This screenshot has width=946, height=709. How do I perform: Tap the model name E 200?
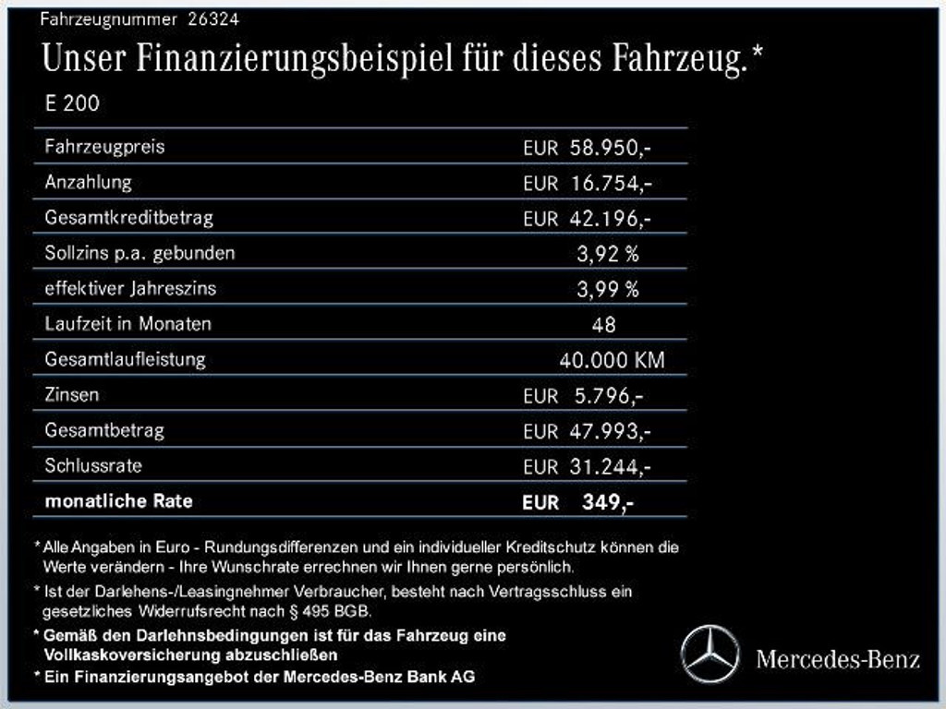pos(72,103)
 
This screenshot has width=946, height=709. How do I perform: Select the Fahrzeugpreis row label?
pos(104,147)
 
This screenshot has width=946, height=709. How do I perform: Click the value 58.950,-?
pos(611,148)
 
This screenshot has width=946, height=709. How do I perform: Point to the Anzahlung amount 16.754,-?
pos(611,183)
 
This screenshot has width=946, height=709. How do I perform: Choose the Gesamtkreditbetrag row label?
pos(128,218)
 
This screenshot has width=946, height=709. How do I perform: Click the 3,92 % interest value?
pos(608,254)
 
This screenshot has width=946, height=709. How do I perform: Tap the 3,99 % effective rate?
pos(608,289)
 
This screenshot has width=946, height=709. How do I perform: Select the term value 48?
pos(603,325)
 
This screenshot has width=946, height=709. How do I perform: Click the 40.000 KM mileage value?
pos(612,360)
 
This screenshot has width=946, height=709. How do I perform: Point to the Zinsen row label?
pos(72,395)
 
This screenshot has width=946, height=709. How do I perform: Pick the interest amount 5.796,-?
pos(608,396)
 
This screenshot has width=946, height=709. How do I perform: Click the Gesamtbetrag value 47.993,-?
pos(611,431)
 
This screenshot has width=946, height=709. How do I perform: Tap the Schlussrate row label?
pos(93,466)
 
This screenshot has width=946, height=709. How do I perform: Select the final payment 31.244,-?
pos(611,467)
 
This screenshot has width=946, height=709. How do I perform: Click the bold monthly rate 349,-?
pos(607,502)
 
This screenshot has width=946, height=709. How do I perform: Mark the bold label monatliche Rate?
pos(119,501)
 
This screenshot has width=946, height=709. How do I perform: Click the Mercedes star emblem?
pos(710,655)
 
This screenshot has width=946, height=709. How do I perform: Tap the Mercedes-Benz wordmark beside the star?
pos(837,659)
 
